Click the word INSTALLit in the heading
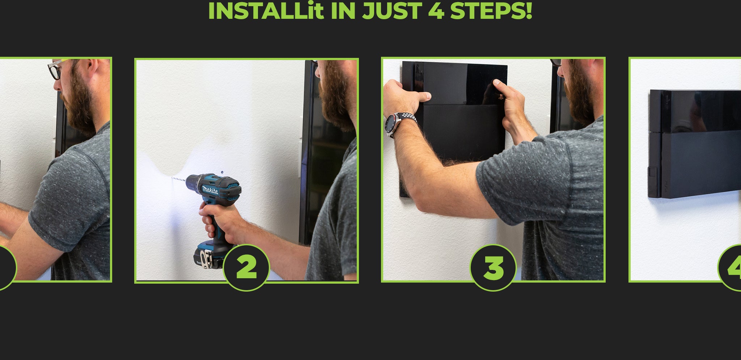[266, 11]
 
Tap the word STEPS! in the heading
[491, 11]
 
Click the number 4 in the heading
[436, 11]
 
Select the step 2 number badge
[246, 268]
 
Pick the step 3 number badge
[493, 268]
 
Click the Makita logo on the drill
[210, 190]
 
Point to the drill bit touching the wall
[178, 179]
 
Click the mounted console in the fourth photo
[694, 144]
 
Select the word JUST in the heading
[392, 11]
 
